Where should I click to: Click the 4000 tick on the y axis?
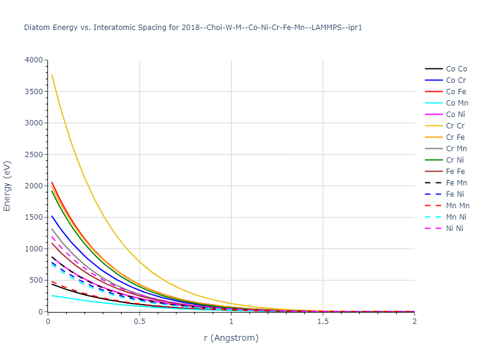pyautogui.click(x=34, y=61)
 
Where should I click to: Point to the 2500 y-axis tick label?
pyautogui.click(x=34, y=155)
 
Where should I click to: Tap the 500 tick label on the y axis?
pyautogui.click(x=36, y=280)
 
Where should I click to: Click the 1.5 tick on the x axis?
pyautogui.click(x=323, y=322)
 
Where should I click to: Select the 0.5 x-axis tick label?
pyautogui.click(x=140, y=322)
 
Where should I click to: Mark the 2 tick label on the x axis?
pyautogui.click(x=414, y=322)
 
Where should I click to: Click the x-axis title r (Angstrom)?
pyautogui.click(x=231, y=338)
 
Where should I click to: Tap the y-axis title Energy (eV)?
pyautogui.click(x=8, y=186)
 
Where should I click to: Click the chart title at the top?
pyautogui.click(x=193, y=28)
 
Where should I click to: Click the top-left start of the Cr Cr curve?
pyautogui.click(x=52, y=74)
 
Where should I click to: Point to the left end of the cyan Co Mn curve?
pyautogui.click(x=52, y=295)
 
